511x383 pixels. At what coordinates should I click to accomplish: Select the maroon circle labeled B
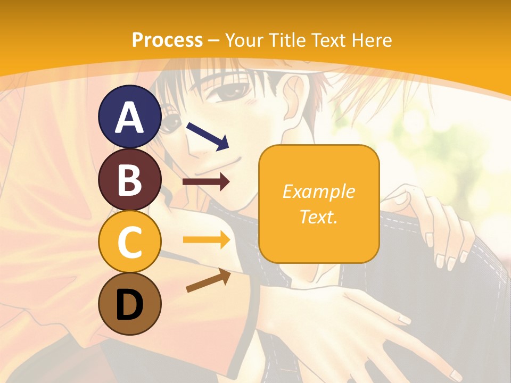point(130,179)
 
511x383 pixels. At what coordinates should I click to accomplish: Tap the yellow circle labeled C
point(130,242)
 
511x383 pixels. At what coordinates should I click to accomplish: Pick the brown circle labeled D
point(130,304)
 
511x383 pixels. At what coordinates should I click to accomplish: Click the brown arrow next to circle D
point(208,280)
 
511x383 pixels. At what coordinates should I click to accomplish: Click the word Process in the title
point(167,40)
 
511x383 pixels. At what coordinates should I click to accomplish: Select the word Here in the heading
point(370,40)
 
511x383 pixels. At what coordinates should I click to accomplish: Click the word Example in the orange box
point(318,191)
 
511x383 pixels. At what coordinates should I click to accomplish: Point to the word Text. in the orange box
point(318,217)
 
